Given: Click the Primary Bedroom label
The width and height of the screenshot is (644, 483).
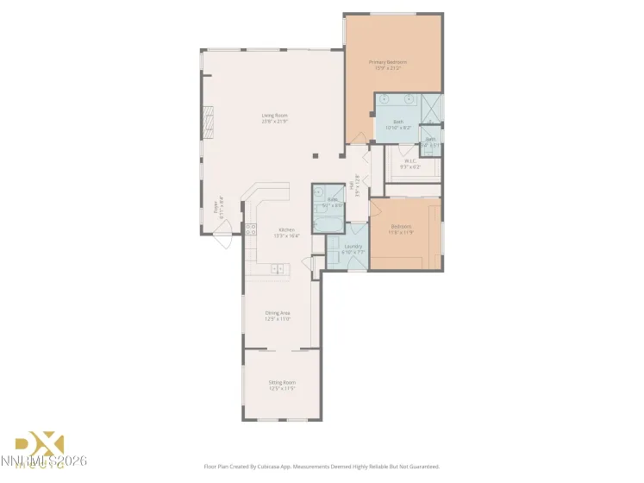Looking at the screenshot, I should (387, 62).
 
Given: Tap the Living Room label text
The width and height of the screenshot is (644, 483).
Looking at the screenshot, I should (275, 116).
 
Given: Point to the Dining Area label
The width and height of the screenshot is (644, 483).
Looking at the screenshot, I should (278, 314).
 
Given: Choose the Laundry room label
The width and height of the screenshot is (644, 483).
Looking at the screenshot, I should (353, 247).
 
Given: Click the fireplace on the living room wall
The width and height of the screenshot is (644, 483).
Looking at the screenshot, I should (207, 119).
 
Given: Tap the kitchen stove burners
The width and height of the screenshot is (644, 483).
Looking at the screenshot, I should (251, 229).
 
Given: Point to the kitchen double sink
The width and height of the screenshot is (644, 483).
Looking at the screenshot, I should (278, 269).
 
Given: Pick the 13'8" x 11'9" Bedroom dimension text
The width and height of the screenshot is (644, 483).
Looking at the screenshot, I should (402, 232).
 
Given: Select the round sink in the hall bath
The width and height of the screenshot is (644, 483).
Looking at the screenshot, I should (317, 192).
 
